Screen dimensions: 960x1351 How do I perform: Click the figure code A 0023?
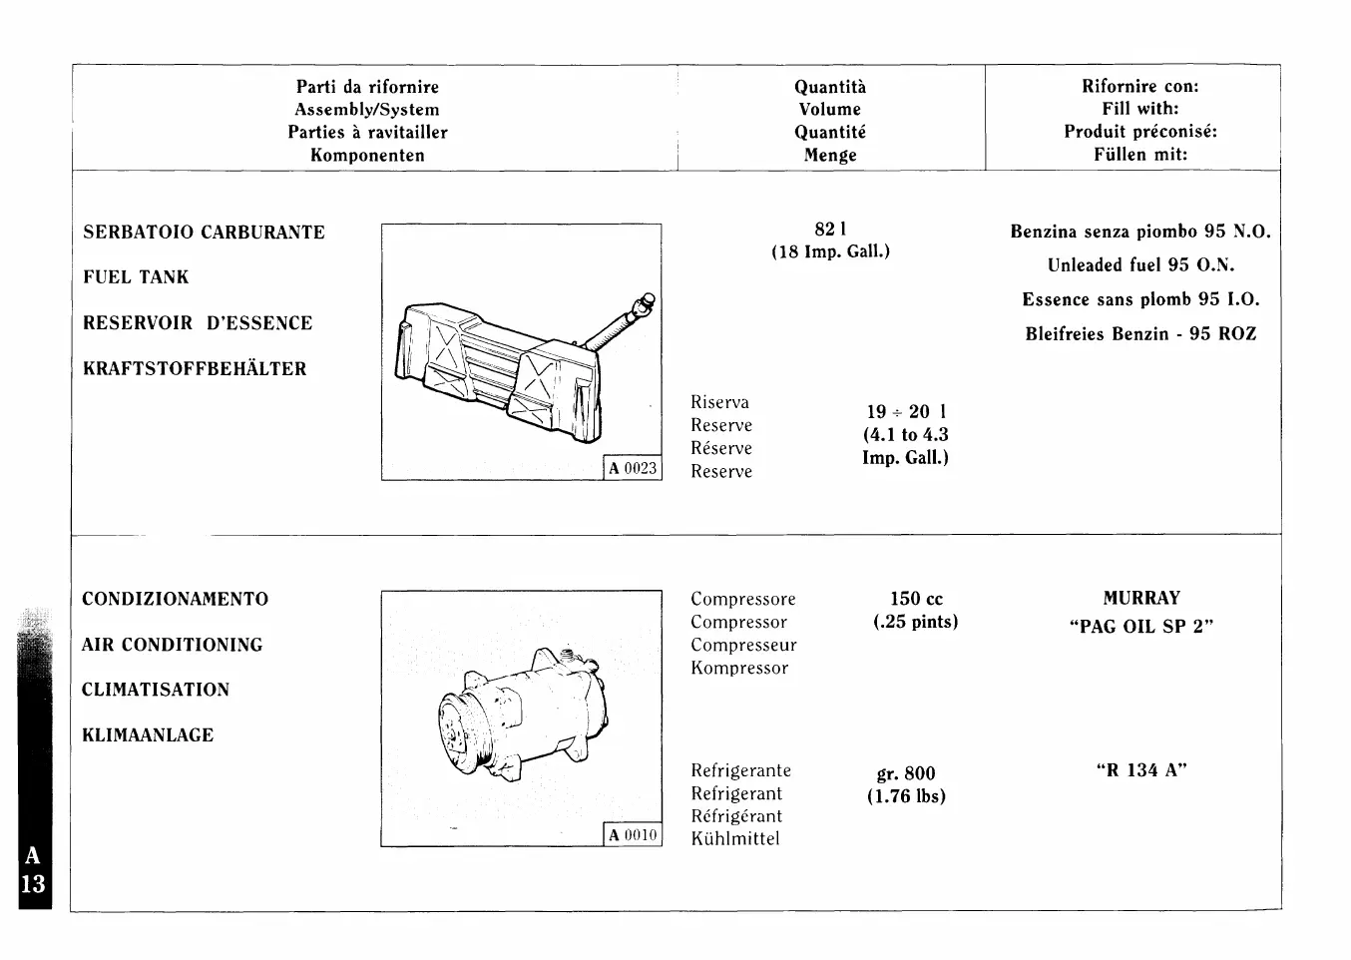(x=634, y=468)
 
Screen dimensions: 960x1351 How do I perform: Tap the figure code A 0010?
(x=634, y=835)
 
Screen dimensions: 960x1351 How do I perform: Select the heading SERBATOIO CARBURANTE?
(x=204, y=233)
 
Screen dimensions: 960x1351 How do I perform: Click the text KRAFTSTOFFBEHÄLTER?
(x=195, y=369)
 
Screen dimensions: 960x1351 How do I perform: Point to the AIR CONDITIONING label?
(x=172, y=646)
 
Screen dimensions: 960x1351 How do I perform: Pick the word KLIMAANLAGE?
(x=148, y=736)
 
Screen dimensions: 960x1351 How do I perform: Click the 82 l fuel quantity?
(x=830, y=230)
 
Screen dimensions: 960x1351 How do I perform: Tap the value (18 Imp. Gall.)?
(x=830, y=251)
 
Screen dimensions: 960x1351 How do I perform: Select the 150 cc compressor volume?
(x=916, y=600)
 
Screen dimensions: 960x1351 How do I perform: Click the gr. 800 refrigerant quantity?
(x=906, y=773)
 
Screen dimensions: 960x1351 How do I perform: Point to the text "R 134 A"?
(x=1141, y=770)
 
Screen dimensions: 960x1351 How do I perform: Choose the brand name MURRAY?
(x=1141, y=599)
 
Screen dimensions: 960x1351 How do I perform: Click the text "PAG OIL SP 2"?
(x=1141, y=627)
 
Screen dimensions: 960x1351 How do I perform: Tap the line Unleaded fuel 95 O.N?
(x=1140, y=265)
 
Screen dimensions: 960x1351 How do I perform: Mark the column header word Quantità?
(x=830, y=88)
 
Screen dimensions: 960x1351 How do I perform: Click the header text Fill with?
(x=1140, y=109)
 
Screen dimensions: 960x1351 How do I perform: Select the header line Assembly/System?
(x=367, y=110)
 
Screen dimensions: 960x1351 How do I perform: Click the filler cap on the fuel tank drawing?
(x=649, y=299)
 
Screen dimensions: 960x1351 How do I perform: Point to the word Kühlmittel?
(x=735, y=839)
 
